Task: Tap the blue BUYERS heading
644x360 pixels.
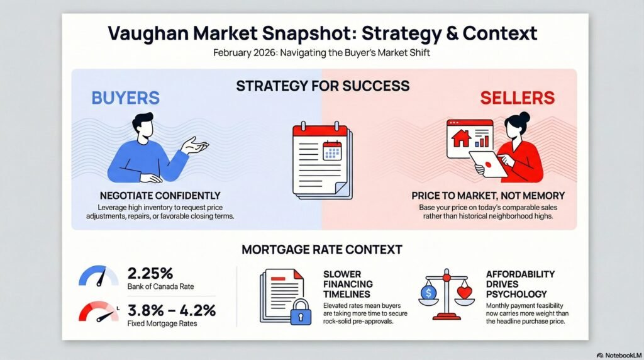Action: (125, 98)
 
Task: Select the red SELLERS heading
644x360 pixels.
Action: (517, 98)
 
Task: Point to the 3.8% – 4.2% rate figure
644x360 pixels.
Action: (171, 310)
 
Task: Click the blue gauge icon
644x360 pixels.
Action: (99, 276)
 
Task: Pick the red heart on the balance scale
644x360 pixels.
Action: (464, 293)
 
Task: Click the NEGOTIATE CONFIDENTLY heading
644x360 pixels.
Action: (160, 196)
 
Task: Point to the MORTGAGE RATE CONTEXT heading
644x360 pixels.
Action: (321, 249)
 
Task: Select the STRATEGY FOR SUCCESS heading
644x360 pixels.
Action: (323, 85)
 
